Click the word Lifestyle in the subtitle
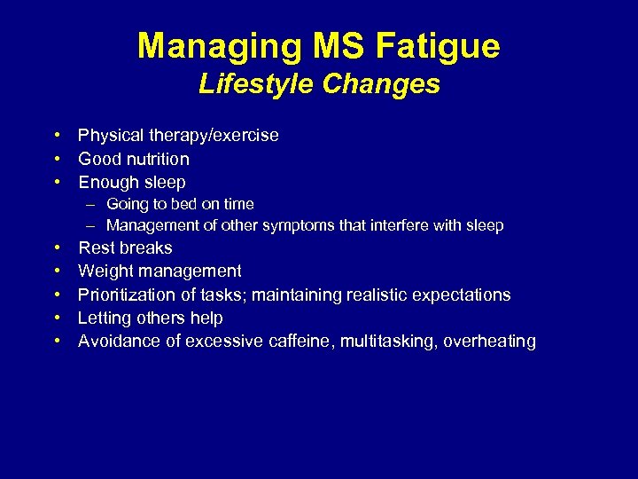pos(255,84)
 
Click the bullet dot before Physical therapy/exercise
pos(56,136)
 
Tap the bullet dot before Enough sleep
pos(56,183)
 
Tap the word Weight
pos(105,271)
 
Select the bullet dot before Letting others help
pos(56,318)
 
